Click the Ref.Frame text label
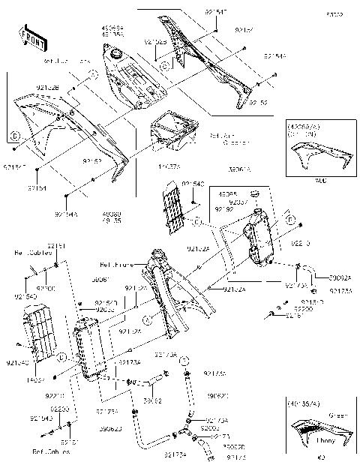pyautogui.click(x=117, y=265)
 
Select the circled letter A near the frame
pyautogui.click(x=147, y=319)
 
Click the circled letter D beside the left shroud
pyautogui.click(x=13, y=136)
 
